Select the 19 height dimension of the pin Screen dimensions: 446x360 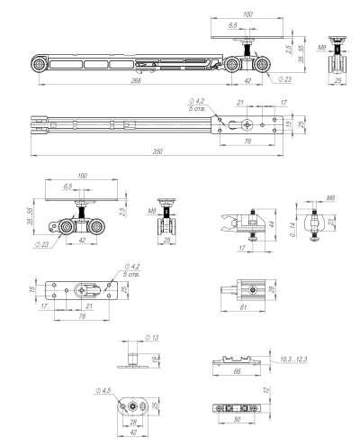[x=156, y=359]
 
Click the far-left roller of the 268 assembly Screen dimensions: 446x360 [x=40, y=68]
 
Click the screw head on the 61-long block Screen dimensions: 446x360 [x=222, y=288]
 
